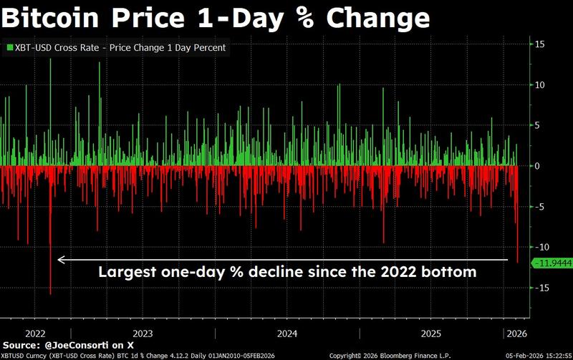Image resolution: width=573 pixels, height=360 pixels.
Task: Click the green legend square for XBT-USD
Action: tap(9, 47)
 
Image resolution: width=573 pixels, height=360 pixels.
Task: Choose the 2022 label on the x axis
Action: tap(36, 333)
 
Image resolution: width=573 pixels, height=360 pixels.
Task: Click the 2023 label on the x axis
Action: tap(143, 333)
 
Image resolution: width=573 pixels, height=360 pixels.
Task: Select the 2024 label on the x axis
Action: tap(287, 333)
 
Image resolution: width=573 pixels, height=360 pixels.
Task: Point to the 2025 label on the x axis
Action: tap(430, 333)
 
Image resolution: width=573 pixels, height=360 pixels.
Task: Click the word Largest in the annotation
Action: tap(124, 272)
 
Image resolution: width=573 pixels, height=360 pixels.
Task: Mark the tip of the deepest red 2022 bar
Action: tap(51, 293)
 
